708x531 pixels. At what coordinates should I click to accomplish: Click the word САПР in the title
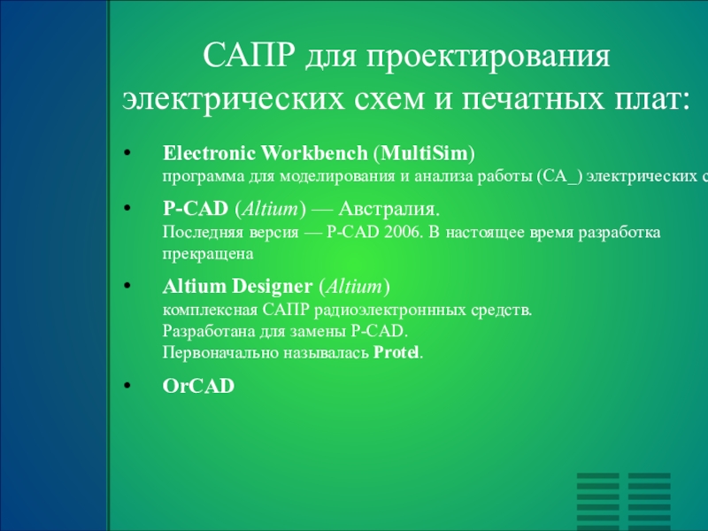[249, 55]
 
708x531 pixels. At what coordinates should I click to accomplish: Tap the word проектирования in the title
[489, 58]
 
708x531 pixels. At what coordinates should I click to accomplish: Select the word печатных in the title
[533, 100]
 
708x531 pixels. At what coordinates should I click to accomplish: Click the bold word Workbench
[314, 153]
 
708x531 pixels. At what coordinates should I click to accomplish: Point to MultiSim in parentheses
[425, 153]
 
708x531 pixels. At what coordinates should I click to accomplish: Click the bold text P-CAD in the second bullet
[196, 209]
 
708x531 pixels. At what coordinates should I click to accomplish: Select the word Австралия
[389, 209]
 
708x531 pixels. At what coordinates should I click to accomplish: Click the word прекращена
[208, 254]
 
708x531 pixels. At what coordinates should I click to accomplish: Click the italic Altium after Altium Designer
[355, 286]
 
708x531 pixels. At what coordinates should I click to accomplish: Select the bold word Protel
[396, 352]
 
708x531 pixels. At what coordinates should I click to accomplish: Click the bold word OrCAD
[198, 386]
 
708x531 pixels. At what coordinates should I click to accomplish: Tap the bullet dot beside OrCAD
[127, 386]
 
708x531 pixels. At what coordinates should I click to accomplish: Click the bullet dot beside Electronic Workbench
[127, 153]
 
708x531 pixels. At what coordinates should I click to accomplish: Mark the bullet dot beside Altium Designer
[127, 286]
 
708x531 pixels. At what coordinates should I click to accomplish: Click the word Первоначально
[220, 352]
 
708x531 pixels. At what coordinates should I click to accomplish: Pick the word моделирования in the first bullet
[338, 176]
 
